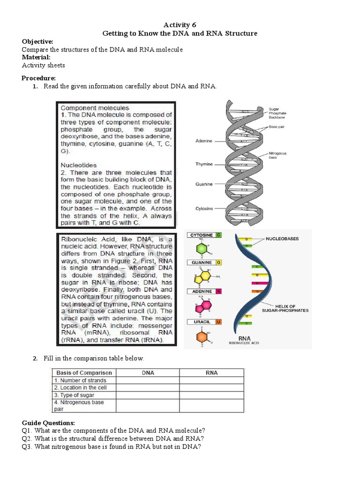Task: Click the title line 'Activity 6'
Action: point(180,25)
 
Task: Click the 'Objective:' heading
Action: point(37,42)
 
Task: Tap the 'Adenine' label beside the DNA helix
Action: point(204,141)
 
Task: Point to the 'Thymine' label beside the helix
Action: point(204,164)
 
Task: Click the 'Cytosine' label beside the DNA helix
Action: point(204,208)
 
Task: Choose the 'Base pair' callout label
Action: point(277,127)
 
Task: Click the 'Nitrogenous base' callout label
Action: point(277,155)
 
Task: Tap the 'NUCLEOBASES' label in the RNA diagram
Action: point(282,239)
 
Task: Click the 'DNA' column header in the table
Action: point(148,373)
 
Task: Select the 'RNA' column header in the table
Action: point(211,373)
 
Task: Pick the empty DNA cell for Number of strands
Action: point(148,381)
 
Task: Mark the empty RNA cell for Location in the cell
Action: point(211,388)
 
